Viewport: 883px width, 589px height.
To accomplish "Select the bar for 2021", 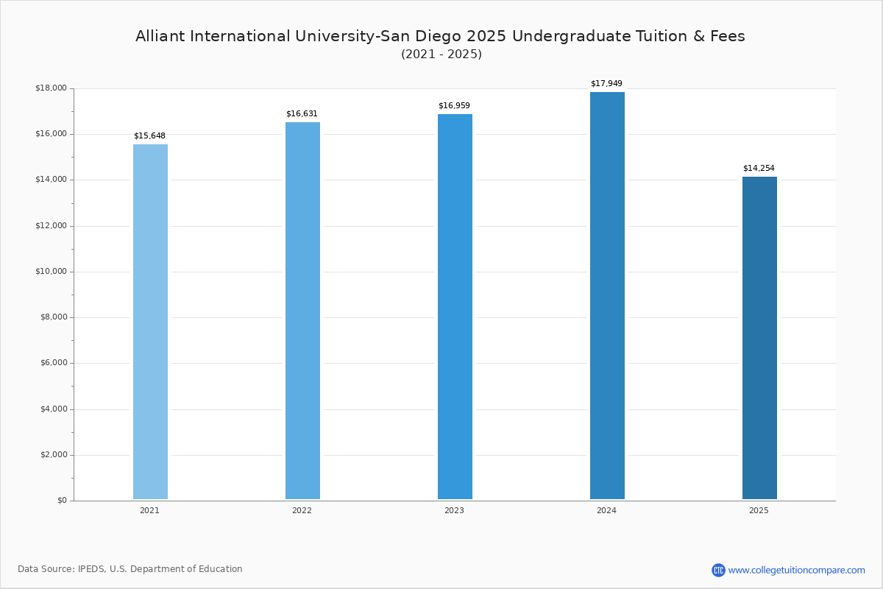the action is pyautogui.click(x=150, y=322).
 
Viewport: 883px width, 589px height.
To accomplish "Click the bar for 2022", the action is pyautogui.click(x=302, y=311).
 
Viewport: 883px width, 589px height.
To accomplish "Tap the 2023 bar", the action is pyautogui.click(x=455, y=306).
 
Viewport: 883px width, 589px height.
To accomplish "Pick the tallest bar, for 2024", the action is pyautogui.click(x=607, y=295).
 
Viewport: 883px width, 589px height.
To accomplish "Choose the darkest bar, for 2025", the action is pyautogui.click(x=759, y=338).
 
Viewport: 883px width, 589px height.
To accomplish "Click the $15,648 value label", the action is pyautogui.click(x=149, y=135).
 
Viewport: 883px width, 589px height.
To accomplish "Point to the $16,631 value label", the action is pyautogui.click(x=302, y=113).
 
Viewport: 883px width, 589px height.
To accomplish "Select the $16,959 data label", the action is pyautogui.click(x=454, y=105).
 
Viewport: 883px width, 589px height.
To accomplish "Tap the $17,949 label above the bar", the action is pyautogui.click(x=606, y=83).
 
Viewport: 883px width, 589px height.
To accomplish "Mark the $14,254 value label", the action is pyautogui.click(x=759, y=168).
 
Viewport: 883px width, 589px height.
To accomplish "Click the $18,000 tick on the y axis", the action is pyautogui.click(x=52, y=88).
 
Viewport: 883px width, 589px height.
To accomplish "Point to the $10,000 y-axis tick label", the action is pyautogui.click(x=52, y=271).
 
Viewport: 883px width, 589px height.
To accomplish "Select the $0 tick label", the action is pyautogui.click(x=63, y=500).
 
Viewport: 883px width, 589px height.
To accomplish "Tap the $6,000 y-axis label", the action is pyautogui.click(x=54, y=362).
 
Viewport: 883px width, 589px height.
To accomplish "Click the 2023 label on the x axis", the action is pyautogui.click(x=454, y=510).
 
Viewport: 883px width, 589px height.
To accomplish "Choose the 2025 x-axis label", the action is pyautogui.click(x=759, y=510).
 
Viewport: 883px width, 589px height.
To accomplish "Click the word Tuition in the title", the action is pyautogui.click(x=662, y=36).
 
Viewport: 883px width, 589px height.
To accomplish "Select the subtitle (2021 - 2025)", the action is pyautogui.click(x=441, y=54).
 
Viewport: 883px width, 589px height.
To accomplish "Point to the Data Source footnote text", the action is pyautogui.click(x=130, y=569).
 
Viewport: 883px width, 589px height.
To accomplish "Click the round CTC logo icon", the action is pyautogui.click(x=718, y=570).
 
